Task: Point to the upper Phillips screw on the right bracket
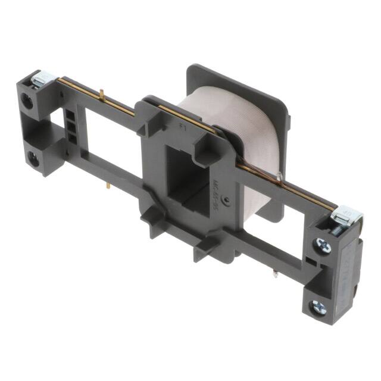coord(322,245)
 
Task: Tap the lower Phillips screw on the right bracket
coord(320,307)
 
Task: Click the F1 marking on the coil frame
coord(183,125)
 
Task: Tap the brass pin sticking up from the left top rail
coord(102,95)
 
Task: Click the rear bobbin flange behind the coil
coord(238,83)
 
